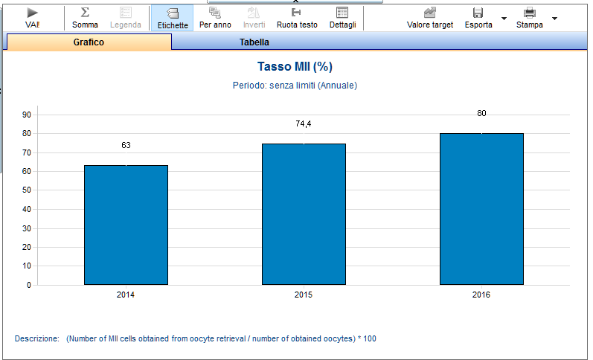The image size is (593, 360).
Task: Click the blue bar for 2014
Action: (126, 225)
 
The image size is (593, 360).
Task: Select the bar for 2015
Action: (304, 214)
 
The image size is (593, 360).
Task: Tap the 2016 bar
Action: (481, 209)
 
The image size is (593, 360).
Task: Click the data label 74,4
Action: (304, 123)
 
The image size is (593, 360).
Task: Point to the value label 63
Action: (126, 145)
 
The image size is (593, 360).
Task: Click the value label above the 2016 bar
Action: (481, 113)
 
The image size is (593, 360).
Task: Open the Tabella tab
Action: (254, 42)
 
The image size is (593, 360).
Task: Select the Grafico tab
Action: (89, 42)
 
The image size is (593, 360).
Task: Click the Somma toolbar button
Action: (85, 18)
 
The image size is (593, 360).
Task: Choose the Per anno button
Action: (215, 18)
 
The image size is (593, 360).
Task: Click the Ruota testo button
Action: (297, 18)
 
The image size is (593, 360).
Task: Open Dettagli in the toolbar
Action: (343, 18)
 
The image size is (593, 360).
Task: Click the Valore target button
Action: (430, 18)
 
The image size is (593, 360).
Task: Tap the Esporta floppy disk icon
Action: (478, 13)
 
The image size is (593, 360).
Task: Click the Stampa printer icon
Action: (530, 13)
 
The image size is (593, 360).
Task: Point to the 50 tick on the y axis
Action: (27, 190)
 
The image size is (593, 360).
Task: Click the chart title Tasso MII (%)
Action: (295, 66)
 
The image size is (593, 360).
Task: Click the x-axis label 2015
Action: (304, 295)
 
